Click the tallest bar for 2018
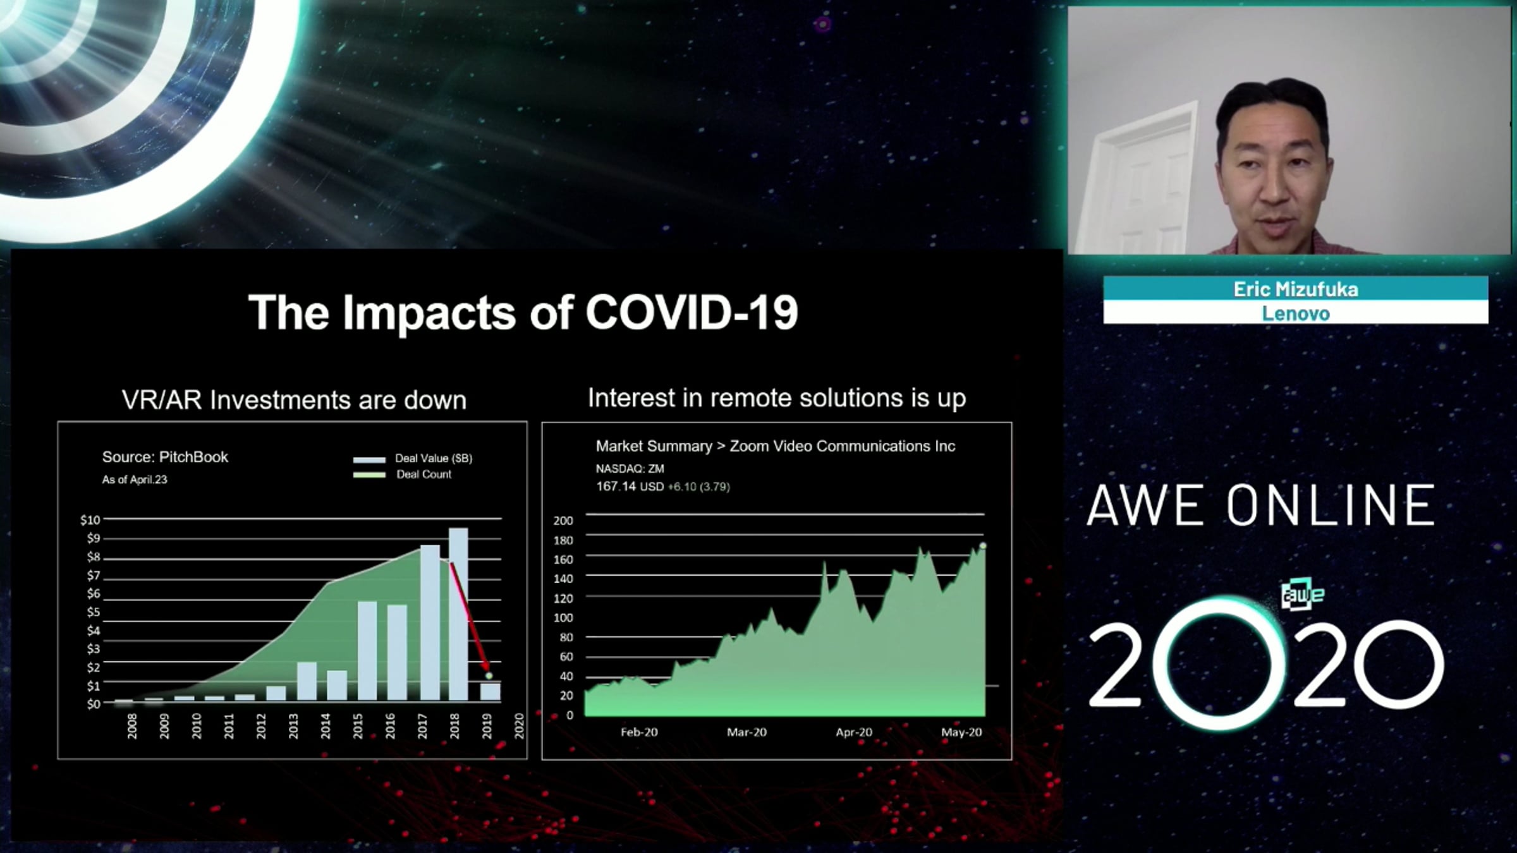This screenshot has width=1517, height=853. point(458,614)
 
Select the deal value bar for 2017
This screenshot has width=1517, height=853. point(430,622)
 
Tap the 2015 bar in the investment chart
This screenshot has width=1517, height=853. point(367,651)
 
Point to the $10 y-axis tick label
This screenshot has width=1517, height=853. point(90,519)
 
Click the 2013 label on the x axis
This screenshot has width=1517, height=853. point(293,726)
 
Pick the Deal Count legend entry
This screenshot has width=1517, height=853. point(403,475)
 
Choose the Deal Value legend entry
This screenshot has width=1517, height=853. point(413,458)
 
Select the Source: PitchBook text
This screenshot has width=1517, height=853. point(165,457)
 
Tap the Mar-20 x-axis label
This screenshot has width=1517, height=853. point(746,732)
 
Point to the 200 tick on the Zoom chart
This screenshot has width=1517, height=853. point(563,521)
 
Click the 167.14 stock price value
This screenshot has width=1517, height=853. point(616,487)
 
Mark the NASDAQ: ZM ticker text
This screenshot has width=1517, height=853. point(630,469)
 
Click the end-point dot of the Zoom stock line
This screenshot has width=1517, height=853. point(983,545)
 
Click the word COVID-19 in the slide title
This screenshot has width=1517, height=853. point(691,312)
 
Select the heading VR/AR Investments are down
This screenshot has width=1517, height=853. point(294,400)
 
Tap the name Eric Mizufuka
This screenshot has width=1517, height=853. point(1296,289)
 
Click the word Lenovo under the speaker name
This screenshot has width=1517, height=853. point(1296,313)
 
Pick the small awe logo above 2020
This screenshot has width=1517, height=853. point(1302,595)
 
